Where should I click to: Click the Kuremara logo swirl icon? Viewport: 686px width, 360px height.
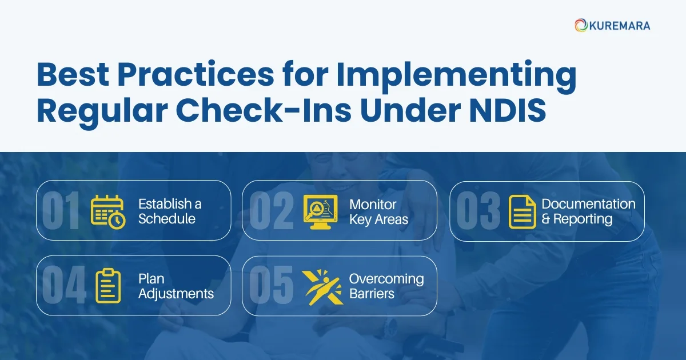tap(581, 25)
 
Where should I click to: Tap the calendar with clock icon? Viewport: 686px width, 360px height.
tap(108, 211)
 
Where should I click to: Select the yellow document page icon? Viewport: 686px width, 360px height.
tap(522, 212)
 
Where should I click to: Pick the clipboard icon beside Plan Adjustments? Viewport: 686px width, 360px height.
tap(108, 286)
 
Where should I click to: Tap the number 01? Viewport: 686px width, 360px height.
tap(61, 211)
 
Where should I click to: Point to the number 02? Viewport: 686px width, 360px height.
tap(272, 211)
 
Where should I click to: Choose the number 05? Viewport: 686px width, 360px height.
tap(272, 286)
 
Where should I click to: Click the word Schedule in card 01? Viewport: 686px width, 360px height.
tap(167, 219)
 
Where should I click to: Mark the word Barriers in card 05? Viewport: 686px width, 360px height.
tap(372, 294)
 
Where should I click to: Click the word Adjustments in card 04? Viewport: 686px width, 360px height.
tap(176, 294)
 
